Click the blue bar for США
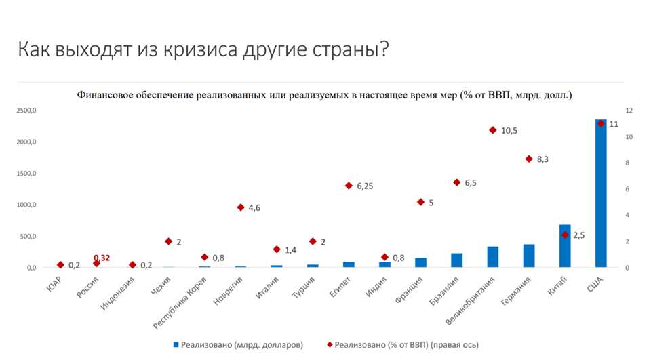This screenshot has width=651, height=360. point(601,193)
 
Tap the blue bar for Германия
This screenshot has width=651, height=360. point(529,256)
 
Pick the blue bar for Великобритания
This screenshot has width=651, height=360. point(493,257)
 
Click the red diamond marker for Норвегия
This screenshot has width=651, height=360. point(241,207)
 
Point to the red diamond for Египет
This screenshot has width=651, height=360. point(349,186)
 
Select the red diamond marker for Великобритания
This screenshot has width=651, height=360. point(493,129)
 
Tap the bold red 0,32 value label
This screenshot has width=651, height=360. point(102,258)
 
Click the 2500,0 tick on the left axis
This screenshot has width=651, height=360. point(27,111)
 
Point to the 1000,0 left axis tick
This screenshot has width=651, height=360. point(27,205)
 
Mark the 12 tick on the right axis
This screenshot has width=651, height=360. point(629,111)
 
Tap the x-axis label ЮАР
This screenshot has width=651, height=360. point(56,281)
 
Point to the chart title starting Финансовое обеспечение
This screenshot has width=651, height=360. point(325,95)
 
